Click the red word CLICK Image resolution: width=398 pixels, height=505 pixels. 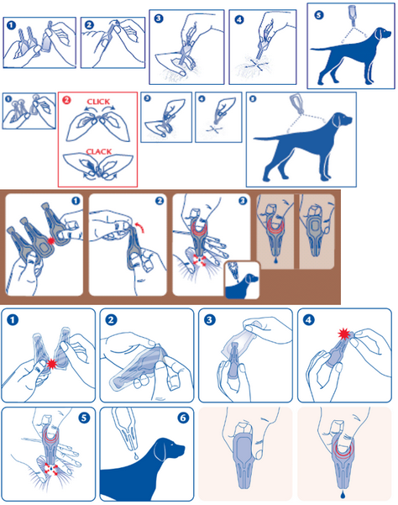pyautogui.click(x=98, y=102)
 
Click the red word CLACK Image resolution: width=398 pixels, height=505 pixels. pyautogui.click(x=99, y=151)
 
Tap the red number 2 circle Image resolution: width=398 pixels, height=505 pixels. pyautogui.click(x=66, y=100)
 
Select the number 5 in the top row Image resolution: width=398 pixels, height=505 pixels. pyautogui.click(x=318, y=15)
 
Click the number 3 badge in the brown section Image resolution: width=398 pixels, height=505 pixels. pyautogui.click(x=243, y=201)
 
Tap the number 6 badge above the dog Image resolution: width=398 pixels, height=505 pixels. pyautogui.click(x=182, y=418)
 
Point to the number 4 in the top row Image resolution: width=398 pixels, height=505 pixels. pyautogui.click(x=238, y=19)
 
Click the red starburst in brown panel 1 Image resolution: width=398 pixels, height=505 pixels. pyautogui.click(x=50, y=240)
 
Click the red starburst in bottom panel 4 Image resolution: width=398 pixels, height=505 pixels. pyautogui.click(x=344, y=334)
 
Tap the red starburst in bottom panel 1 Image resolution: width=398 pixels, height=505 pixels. pyautogui.click(x=51, y=365)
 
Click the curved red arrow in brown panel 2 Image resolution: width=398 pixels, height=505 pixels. pyautogui.click(x=140, y=226)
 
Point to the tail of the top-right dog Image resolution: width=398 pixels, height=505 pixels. pyautogui.click(x=322, y=49)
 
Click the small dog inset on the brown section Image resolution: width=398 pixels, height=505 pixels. pyautogui.click(x=242, y=280)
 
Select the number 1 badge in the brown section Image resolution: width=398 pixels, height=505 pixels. pyautogui.click(x=76, y=201)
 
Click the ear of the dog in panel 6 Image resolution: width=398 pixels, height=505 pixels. pyautogui.click(x=160, y=450)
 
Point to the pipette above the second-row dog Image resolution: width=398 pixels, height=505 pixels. pyautogui.click(x=297, y=103)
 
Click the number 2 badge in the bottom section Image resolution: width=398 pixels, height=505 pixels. pyautogui.click(x=111, y=320)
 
